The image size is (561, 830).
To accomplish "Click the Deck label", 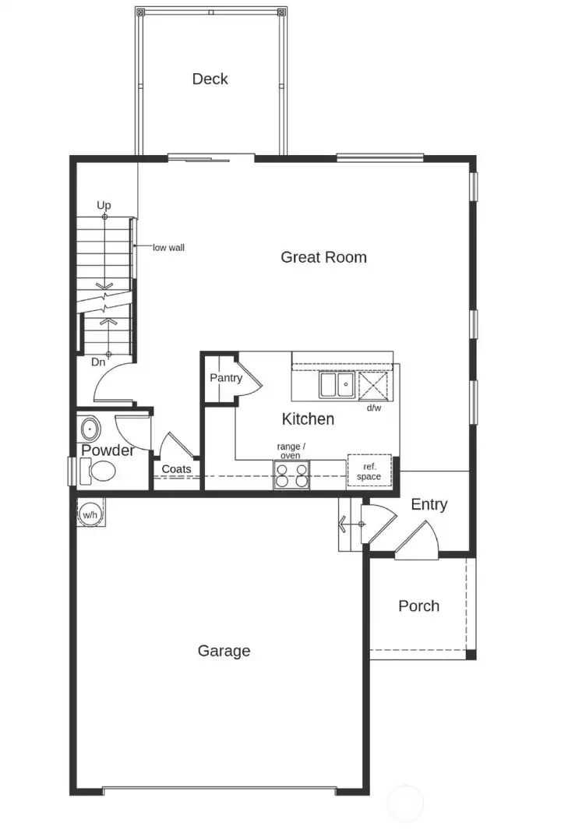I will click(x=210, y=79).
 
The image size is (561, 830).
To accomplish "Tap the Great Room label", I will click(x=323, y=257).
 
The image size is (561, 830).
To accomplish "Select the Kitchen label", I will click(x=308, y=419).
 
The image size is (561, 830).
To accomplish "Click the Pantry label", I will click(x=226, y=378).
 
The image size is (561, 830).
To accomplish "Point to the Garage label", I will click(x=224, y=651).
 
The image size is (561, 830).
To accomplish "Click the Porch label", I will click(x=418, y=606).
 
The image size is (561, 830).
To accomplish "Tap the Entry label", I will click(x=429, y=504).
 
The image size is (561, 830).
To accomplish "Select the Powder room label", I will click(x=108, y=450).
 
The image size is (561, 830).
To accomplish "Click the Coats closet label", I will click(x=177, y=469).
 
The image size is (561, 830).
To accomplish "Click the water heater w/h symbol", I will click(x=90, y=514).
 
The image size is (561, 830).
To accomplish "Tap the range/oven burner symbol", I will click(x=291, y=475).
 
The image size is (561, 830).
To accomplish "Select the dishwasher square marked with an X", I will click(x=372, y=385).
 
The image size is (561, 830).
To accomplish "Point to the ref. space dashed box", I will click(x=369, y=471).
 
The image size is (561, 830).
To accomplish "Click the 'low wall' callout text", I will click(x=168, y=248).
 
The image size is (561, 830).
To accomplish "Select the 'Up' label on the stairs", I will click(x=104, y=205).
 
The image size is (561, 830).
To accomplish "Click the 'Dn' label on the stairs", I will click(x=98, y=362).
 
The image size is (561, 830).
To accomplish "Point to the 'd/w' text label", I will click(x=374, y=408).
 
